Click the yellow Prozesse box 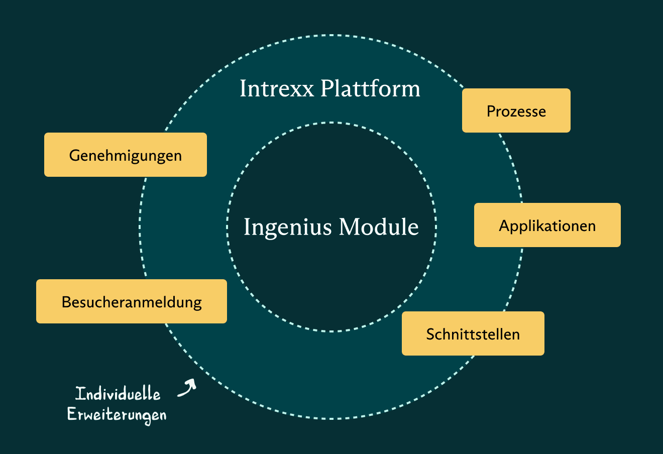(x=516, y=110)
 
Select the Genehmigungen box (x=126, y=155)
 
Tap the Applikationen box (x=547, y=225)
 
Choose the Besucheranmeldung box (x=132, y=301)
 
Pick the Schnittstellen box (x=473, y=333)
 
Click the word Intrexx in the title (x=277, y=88)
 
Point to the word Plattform (x=370, y=88)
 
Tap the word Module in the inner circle (x=379, y=226)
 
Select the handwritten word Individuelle (x=118, y=393)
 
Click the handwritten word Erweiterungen (x=117, y=415)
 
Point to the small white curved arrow (x=187, y=388)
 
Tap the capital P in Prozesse (x=491, y=111)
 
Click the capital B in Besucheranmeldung (x=66, y=302)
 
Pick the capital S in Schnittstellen (x=430, y=334)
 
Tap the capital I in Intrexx (x=244, y=88)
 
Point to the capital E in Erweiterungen (x=72, y=413)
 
